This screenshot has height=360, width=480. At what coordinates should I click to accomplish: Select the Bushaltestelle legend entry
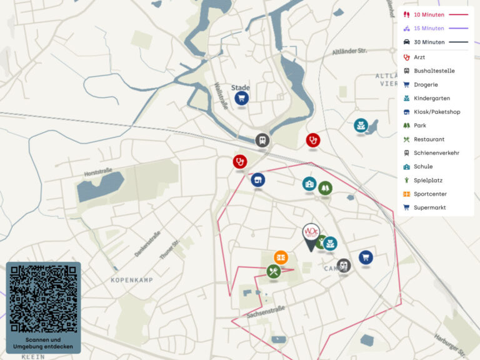(434, 71)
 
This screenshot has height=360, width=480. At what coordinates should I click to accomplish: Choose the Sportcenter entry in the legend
(430, 194)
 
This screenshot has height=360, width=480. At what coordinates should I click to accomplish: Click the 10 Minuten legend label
(429, 14)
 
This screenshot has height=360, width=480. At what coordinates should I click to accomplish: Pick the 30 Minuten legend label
(429, 42)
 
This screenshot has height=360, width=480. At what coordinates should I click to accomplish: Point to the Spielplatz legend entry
(428, 181)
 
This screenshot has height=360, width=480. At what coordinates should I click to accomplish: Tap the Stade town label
(241, 87)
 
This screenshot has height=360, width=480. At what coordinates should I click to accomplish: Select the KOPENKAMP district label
(132, 280)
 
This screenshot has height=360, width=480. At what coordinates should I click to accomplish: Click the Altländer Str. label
(349, 52)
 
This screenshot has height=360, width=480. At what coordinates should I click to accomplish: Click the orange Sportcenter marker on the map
(281, 257)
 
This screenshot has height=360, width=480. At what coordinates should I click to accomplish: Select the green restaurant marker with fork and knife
(273, 271)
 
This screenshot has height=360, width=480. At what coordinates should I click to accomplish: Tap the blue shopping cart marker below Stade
(241, 98)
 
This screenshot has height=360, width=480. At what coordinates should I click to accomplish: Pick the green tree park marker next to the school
(325, 187)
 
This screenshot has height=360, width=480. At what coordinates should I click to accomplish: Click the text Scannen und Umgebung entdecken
(44, 343)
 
